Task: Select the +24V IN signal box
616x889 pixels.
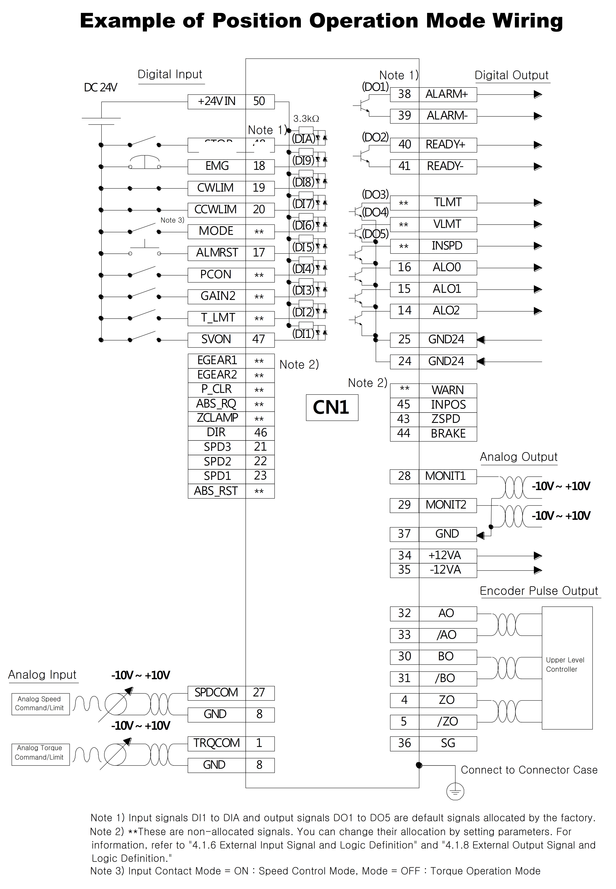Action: [x=216, y=101]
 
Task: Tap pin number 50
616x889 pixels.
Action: [x=259, y=101]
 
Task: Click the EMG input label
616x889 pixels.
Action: [x=217, y=166]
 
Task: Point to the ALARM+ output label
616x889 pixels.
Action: [x=447, y=94]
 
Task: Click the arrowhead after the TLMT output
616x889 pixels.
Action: [x=538, y=203]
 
